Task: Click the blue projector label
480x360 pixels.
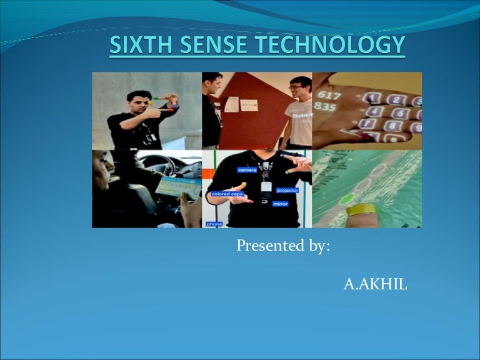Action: pos(287,190)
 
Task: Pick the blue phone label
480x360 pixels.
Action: pos(214,223)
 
